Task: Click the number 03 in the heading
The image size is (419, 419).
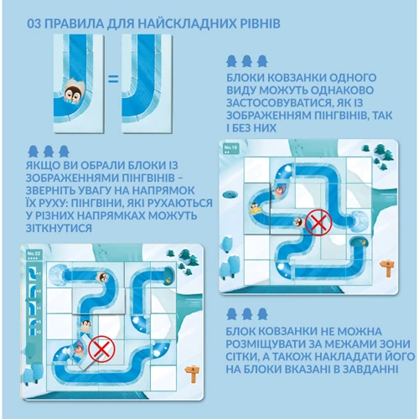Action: coord(34,23)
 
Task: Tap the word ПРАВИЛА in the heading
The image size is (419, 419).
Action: coord(73,23)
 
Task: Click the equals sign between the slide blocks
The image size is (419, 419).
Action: coord(113,80)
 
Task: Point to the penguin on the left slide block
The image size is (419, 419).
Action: coord(74,91)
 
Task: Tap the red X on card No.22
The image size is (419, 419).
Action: coord(101,349)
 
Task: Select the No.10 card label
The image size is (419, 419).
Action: coord(230,148)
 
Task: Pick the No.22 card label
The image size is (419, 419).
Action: coord(34,255)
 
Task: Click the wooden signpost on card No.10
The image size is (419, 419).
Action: coord(387,267)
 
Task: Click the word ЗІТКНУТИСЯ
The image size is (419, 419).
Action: coord(59,228)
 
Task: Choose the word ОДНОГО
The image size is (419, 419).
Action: coord(353,77)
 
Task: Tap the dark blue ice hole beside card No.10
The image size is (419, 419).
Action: coord(231,194)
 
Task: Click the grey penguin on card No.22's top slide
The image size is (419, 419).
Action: coord(102,277)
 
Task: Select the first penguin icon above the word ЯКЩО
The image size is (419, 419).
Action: coord(33,151)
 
